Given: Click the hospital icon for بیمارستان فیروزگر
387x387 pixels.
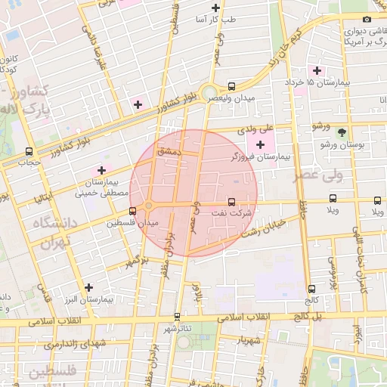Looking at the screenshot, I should (x=261, y=144).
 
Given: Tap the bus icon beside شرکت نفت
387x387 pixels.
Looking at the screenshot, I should (x=231, y=202).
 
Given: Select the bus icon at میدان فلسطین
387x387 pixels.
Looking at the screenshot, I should (x=133, y=211).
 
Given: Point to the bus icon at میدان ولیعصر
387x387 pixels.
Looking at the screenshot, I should (x=231, y=85).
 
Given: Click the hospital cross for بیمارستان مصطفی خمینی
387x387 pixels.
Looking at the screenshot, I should (x=100, y=170).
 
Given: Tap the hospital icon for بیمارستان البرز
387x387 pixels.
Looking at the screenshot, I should (x=89, y=287).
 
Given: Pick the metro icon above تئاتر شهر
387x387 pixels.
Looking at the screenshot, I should (x=177, y=316).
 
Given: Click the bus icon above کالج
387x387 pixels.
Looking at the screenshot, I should (x=312, y=288).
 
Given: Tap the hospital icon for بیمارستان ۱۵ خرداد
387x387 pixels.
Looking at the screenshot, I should (x=317, y=70).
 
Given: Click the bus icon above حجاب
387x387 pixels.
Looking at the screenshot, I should (x=29, y=150).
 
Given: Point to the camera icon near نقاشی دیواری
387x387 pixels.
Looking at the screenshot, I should (x=367, y=19).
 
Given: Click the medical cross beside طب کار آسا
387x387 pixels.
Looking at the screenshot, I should (x=216, y=8).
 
